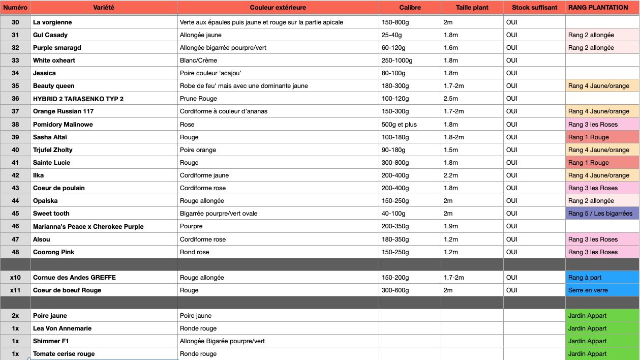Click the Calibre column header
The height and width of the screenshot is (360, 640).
click(x=410, y=8)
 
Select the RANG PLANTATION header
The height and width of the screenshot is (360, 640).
click(x=598, y=8)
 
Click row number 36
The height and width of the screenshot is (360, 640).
click(x=15, y=99)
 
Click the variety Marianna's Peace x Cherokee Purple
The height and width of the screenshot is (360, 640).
click(x=88, y=227)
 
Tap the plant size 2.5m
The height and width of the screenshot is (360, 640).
click(x=451, y=99)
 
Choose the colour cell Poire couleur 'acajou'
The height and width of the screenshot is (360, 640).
click(x=210, y=73)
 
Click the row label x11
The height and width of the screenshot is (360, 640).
click(x=15, y=290)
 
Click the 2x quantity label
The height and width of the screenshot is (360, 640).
click(x=15, y=316)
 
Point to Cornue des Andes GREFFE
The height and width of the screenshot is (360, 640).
click(x=74, y=278)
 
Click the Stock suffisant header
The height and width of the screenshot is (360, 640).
click(x=534, y=8)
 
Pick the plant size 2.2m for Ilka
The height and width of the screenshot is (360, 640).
click(x=451, y=175)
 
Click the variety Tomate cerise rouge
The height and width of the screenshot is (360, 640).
click(x=64, y=354)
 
